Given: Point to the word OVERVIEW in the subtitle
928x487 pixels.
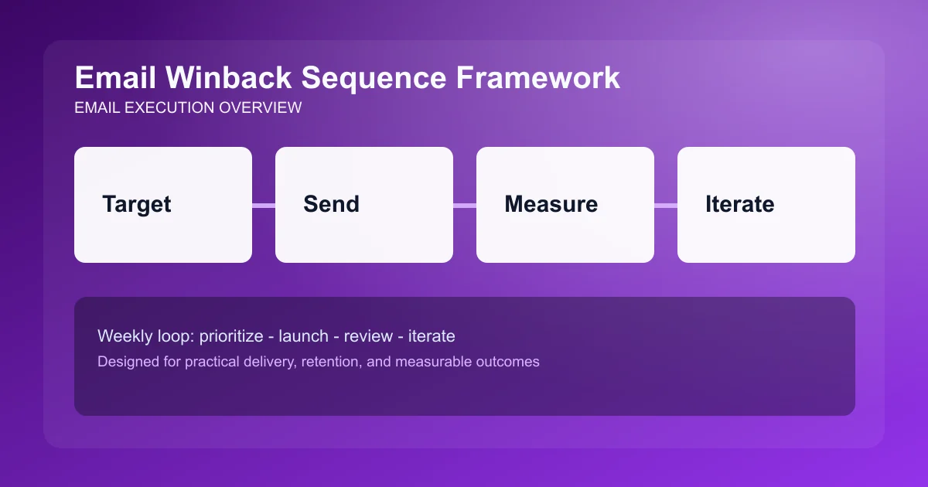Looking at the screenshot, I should (x=260, y=108).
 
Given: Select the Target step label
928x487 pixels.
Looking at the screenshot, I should (x=137, y=204).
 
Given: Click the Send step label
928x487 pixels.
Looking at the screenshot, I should (x=331, y=204).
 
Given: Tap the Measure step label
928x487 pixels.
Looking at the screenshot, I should (x=551, y=204).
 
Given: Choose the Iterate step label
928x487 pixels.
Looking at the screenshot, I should (x=739, y=204).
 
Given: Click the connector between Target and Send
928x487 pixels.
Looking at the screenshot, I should (x=264, y=205).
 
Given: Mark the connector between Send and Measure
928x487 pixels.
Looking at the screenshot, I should (x=465, y=205).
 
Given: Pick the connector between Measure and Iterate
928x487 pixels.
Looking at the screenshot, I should (x=666, y=205).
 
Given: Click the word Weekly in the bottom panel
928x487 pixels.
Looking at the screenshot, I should (x=123, y=336).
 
